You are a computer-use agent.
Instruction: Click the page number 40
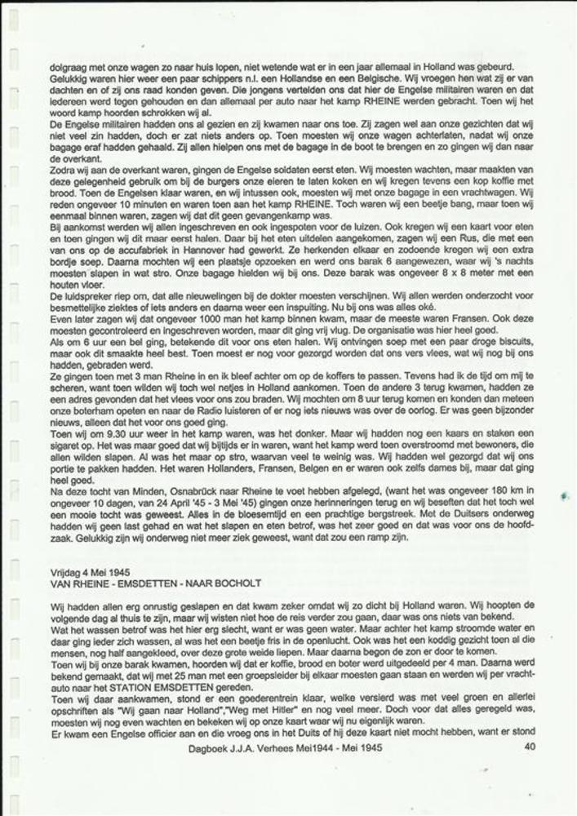click(x=529, y=746)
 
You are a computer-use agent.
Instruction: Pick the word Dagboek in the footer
click(x=208, y=746)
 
